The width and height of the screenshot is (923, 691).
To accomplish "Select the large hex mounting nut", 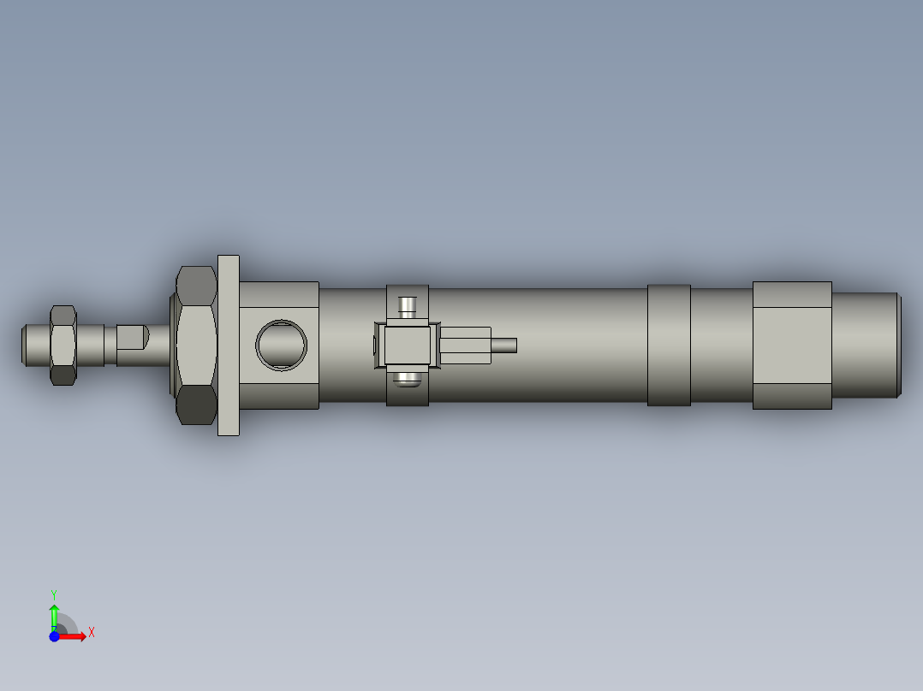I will point(196,345).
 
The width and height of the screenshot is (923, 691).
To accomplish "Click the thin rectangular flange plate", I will point(229,345).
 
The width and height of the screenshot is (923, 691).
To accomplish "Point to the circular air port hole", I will point(281,345).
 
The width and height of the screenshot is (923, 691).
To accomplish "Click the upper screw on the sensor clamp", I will point(408,305).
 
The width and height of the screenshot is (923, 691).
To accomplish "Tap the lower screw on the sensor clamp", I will point(408,378).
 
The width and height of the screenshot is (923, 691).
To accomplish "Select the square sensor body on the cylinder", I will point(407,346).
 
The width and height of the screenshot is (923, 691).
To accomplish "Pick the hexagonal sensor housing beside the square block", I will point(465,345).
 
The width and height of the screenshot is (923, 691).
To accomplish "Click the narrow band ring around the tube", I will point(669,345).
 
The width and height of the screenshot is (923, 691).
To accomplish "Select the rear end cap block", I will point(792,345).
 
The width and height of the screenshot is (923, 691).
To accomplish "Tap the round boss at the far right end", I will point(866,345).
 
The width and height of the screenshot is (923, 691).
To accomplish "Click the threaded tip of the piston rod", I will point(33,343).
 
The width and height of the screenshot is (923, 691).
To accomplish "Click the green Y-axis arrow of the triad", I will point(54,613).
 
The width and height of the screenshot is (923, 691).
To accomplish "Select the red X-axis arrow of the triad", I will point(74,636).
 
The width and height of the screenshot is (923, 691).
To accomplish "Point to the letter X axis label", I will point(92,632).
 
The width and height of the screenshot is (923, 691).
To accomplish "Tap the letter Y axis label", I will point(54,594).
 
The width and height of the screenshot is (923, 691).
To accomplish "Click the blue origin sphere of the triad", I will point(55,636).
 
